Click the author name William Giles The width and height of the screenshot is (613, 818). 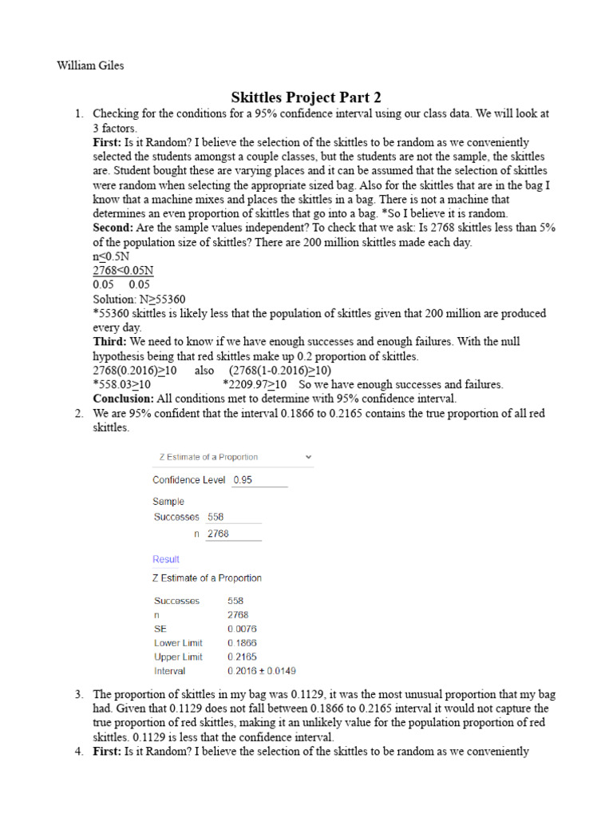point(90,66)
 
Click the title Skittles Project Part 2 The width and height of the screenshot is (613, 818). point(306,97)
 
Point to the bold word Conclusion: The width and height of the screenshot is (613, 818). point(124,399)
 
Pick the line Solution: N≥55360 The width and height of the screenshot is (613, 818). point(140,299)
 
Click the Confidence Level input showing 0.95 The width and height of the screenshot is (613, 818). point(259,480)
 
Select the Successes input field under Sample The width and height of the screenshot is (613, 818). point(233,517)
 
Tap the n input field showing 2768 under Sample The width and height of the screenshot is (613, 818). point(233,534)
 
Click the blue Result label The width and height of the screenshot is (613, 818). point(166,559)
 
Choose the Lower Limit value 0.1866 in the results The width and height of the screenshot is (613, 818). point(242,643)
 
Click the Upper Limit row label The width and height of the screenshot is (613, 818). point(178,657)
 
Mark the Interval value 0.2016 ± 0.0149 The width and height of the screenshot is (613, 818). point(261,671)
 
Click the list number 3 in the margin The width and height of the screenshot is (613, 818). point(79,694)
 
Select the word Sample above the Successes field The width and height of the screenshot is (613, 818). point(168,502)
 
